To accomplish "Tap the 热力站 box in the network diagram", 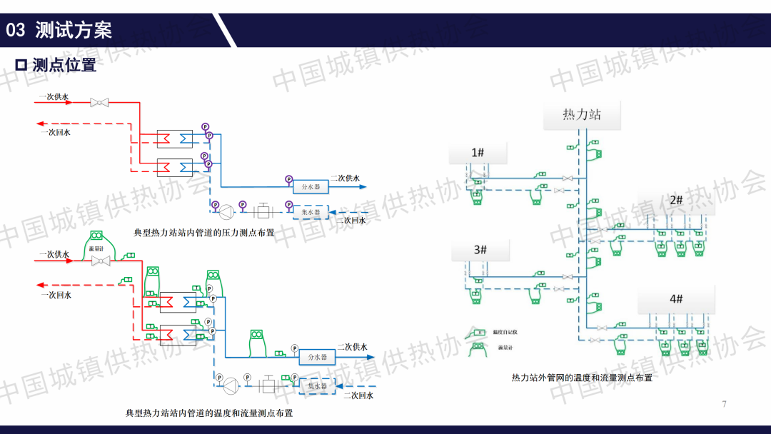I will (582, 114).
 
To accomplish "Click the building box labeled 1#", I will (478, 153).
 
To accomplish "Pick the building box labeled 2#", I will (676, 201).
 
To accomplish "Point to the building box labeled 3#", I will (480, 250).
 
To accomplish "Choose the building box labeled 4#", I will (676, 299).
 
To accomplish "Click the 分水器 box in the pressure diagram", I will (311, 186).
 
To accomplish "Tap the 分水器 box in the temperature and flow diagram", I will (317, 356).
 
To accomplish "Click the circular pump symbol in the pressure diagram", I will (226, 211).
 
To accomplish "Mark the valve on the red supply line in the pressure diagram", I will (99, 103).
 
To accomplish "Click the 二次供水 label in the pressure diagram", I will (345, 178).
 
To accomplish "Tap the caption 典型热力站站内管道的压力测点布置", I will (203, 233).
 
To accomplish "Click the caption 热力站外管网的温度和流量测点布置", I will (582, 378).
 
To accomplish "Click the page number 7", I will (724, 405).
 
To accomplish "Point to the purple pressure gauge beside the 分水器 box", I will (288, 179).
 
